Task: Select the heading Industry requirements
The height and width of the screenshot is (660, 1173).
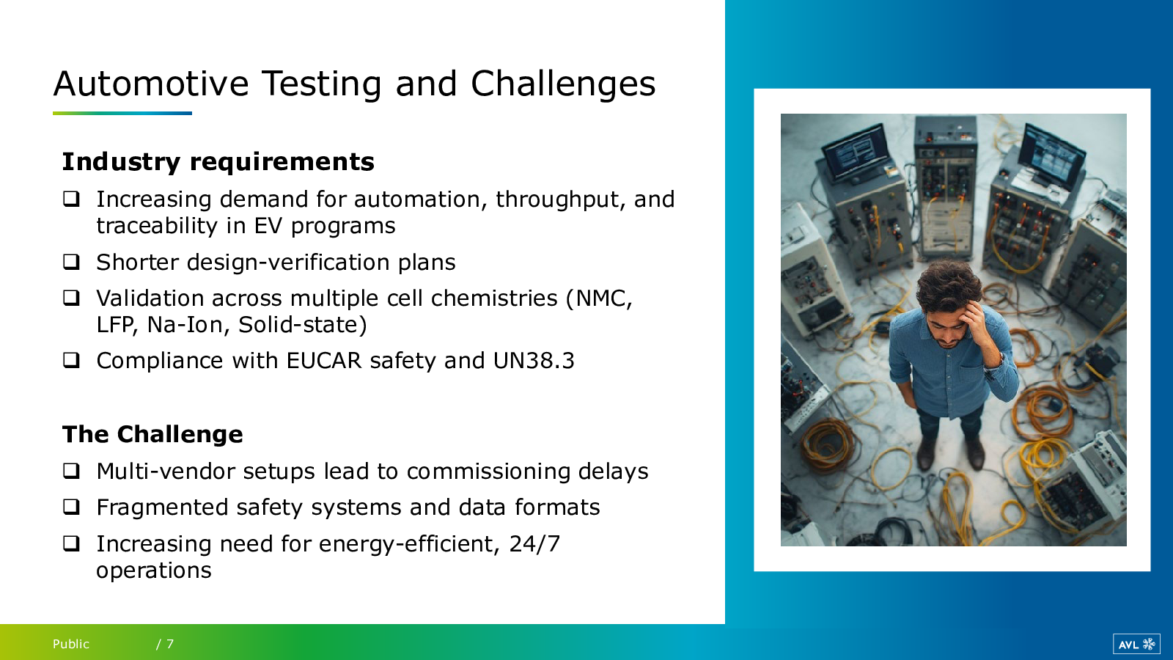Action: (218, 162)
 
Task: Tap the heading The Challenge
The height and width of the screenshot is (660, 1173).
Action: (152, 434)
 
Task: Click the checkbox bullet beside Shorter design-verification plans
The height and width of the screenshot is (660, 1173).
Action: (71, 261)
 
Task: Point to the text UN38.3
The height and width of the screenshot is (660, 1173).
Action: (534, 360)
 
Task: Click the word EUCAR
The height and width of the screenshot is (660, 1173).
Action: (324, 360)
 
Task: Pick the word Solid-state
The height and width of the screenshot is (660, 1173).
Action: (302, 325)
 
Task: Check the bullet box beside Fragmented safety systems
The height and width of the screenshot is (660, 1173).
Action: (71, 507)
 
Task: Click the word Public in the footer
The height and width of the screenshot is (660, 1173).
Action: (70, 644)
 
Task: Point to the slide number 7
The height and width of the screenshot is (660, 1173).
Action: (169, 644)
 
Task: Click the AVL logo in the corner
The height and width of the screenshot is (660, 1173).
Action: (1136, 644)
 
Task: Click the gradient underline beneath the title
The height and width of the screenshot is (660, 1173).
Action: (122, 113)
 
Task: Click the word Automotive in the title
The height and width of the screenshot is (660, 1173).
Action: (151, 84)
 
